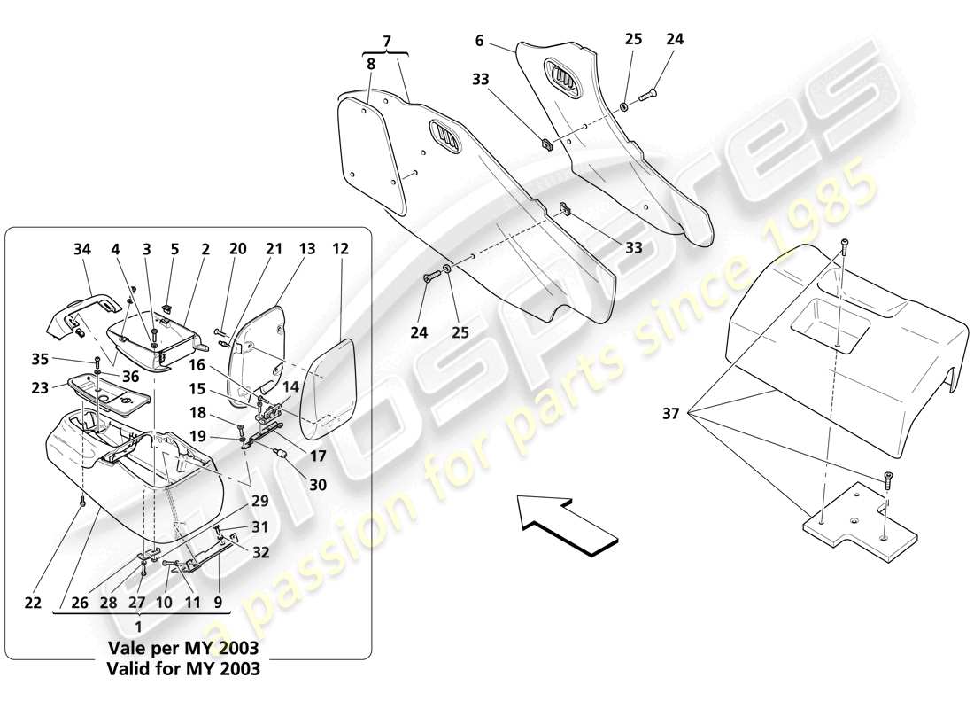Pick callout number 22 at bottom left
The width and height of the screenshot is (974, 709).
pos(33,604)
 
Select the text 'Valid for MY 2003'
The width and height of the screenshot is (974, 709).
pos(184,669)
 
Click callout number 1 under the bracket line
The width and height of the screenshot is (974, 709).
pos(137,625)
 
